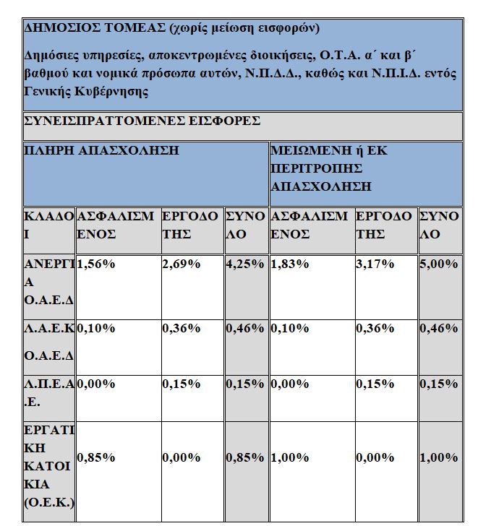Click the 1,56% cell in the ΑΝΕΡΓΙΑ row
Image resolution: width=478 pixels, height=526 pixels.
coord(96,264)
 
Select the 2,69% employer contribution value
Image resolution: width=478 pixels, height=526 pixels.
coord(181,264)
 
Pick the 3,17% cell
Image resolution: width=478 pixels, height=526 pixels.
coord(375,264)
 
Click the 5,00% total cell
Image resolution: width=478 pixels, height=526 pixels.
coord(439,264)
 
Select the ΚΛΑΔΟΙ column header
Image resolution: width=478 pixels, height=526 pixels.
coord(48,225)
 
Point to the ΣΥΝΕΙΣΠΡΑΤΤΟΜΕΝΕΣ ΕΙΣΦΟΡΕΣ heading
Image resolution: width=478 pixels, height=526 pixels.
coord(142,121)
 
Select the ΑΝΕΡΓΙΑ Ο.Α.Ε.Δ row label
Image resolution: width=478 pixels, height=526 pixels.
coord(48,282)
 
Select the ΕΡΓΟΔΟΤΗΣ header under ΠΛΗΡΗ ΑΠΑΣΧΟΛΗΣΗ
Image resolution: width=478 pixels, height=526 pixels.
coord(189,225)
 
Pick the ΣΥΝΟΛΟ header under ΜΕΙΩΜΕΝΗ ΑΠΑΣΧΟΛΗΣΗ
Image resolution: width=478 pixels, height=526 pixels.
coord(439,225)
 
